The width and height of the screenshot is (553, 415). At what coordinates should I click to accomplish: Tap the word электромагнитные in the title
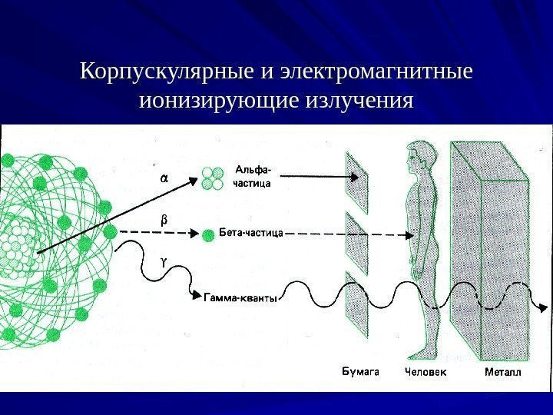(375, 72)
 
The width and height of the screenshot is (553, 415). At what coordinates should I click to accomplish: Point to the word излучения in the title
(361, 101)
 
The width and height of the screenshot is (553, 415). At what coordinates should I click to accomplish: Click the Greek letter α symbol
(163, 178)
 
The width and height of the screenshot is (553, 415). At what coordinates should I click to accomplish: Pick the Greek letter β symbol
(163, 220)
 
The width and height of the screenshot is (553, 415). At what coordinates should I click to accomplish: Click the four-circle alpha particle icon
(212, 178)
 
